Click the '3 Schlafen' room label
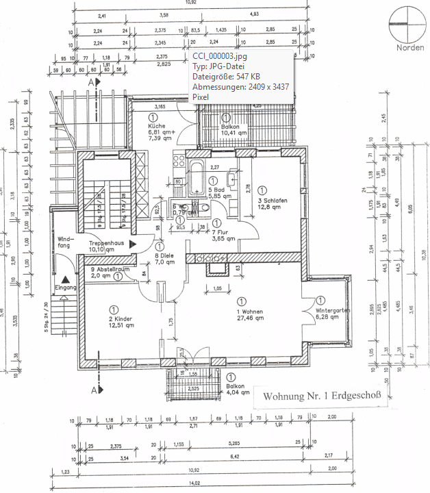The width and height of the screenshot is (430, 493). pyautogui.click(x=272, y=200)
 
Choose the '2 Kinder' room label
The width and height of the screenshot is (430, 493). pyautogui.click(x=121, y=319)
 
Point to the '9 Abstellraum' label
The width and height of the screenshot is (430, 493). pyautogui.click(x=110, y=269)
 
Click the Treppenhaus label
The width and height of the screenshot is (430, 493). pyautogui.click(x=107, y=243)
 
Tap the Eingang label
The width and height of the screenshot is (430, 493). pyautogui.click(x=66, y=288)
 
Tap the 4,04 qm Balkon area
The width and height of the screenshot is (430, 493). pyautogui.click(x=236, y=392)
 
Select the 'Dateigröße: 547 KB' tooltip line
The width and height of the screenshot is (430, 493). pyautogui.click(x=226, y=77)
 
